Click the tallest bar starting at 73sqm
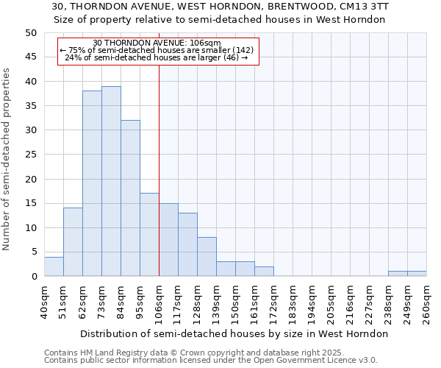click(111, 181)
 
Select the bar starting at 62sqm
click(92, 183)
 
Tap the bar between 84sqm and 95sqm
click(130, 198)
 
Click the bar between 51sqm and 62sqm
click(73, 242)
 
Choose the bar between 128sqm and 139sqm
click(207, 257)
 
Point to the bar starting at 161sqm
click(264, 271)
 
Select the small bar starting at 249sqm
click(417, 274)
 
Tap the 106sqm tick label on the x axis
click(159, 302)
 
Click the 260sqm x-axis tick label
click(427, 302)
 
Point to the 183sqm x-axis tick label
click(293, 302)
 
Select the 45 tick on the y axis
click(31, 57)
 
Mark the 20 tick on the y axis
click(31, 179)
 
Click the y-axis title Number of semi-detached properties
click(7, 159)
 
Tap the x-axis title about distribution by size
click(234, 333)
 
